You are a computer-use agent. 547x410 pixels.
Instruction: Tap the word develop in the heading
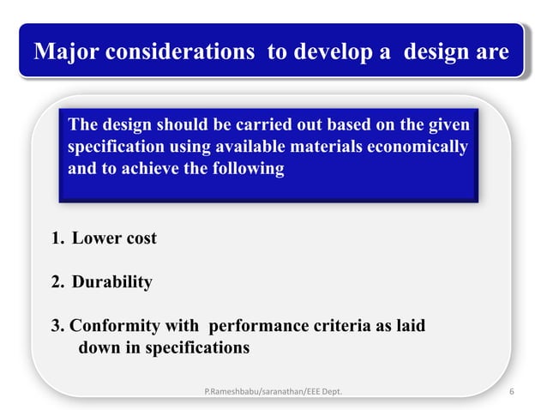[332, 52]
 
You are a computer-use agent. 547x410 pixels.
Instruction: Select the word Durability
[112, 282]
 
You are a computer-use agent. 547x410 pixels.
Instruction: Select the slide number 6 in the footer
[512, 392]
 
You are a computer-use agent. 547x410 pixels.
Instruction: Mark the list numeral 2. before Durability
[58, 282]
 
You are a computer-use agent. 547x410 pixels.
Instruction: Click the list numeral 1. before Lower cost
[58, 238]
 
